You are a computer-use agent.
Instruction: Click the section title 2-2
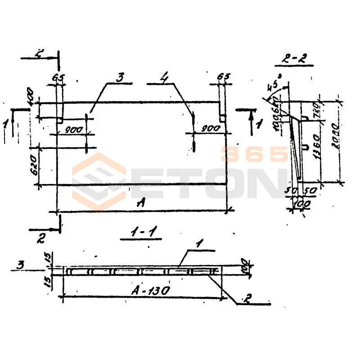(x=296, y=58)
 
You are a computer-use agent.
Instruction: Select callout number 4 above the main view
(x=165, y=78)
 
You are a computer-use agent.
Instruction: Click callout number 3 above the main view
(x=120, y=77)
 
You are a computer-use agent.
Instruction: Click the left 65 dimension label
(x=57, y=77)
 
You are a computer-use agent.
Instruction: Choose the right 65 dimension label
(x=223, y=77)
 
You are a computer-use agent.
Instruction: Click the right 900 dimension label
(x=211, y=129)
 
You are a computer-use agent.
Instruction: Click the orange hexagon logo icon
(x=99, y=182)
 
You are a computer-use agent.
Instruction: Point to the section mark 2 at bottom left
(x=40, y=238)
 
